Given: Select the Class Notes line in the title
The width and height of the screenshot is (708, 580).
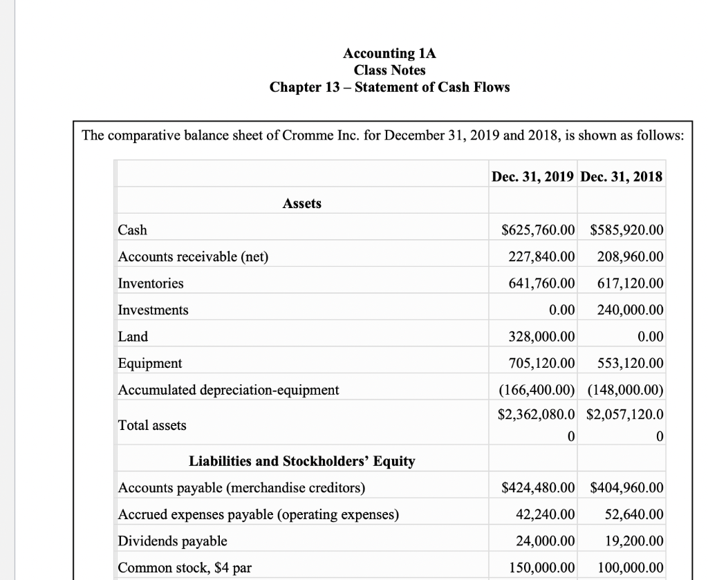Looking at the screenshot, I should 389,70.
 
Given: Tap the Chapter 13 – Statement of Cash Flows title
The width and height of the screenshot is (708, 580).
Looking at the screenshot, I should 389,87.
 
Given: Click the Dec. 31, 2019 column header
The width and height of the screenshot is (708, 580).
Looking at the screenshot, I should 532,176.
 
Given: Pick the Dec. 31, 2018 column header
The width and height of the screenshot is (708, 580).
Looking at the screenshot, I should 622,176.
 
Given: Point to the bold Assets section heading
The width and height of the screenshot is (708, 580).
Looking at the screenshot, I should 301,203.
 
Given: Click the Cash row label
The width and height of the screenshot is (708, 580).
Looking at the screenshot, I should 133,230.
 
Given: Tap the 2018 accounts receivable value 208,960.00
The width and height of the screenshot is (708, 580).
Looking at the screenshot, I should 629,257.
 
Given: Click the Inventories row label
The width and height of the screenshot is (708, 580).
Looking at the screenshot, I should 151,283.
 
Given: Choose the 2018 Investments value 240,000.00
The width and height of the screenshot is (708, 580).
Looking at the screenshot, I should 629,310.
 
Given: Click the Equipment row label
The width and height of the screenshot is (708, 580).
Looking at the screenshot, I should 150,363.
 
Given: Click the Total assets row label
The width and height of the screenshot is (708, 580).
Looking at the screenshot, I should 152,425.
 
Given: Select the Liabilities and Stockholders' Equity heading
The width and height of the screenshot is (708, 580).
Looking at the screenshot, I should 301,461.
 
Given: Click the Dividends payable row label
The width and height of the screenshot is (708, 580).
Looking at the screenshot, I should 172,541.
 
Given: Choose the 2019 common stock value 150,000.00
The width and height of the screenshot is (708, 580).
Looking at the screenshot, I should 540,567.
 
